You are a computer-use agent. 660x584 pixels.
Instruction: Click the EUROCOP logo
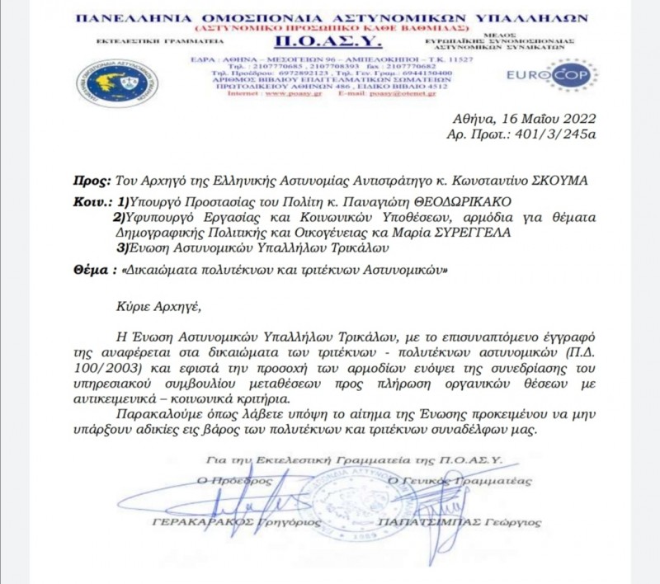(x=564, y=75)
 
